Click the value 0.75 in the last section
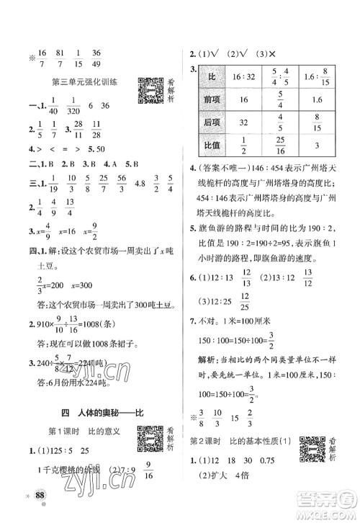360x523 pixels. pos(289,466)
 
